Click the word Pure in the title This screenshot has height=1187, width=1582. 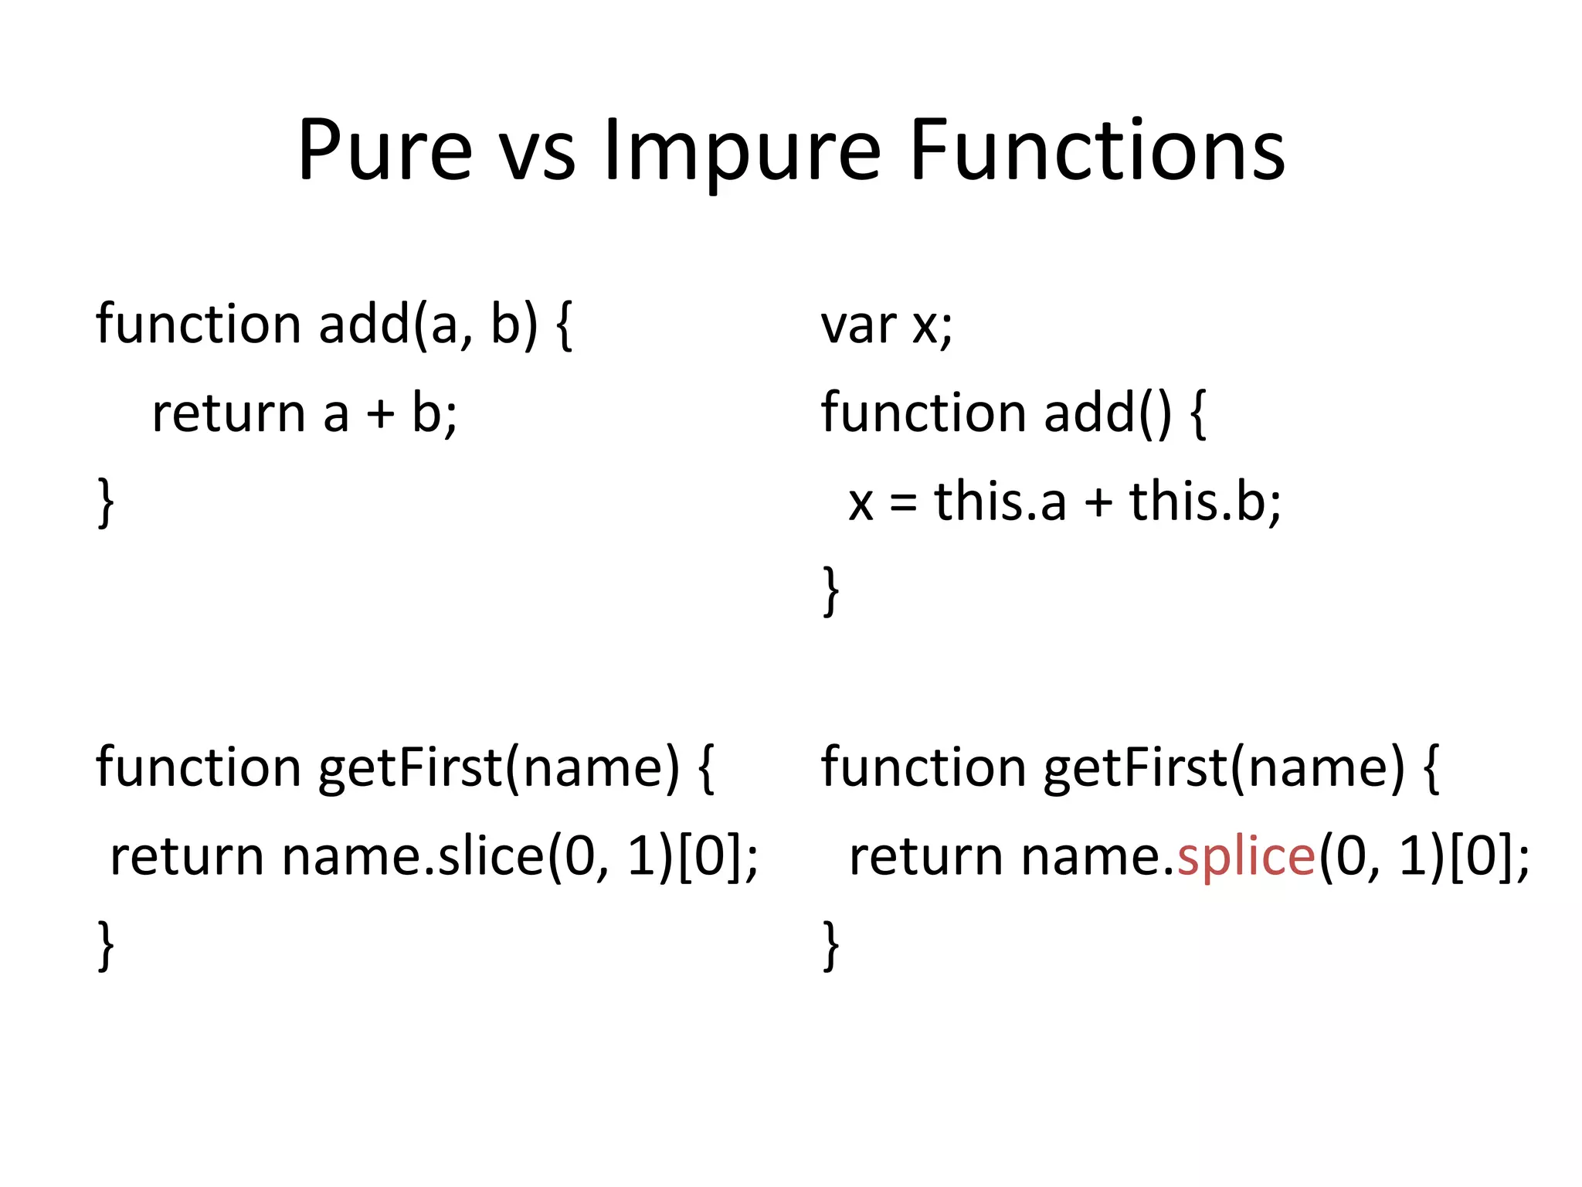(x=385, y=151)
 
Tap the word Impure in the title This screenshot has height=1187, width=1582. (x=741, y=151)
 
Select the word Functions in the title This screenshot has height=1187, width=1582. (x=1097, y=151)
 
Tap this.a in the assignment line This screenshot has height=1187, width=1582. (x=1000, y=502)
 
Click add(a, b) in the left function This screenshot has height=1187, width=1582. (x=428, y=324)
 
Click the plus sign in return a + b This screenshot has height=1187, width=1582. (x=380, y=414)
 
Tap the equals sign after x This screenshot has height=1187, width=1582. (x=902, y=503)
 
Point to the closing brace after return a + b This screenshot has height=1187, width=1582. (x=106, y=503)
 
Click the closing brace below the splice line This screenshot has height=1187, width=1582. (x=830, y=946)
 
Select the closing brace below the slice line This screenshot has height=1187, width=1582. (x=106, y=946)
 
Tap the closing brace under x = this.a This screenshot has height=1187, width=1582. (x=830, y=592)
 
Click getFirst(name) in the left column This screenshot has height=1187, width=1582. (x=499, y=768)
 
